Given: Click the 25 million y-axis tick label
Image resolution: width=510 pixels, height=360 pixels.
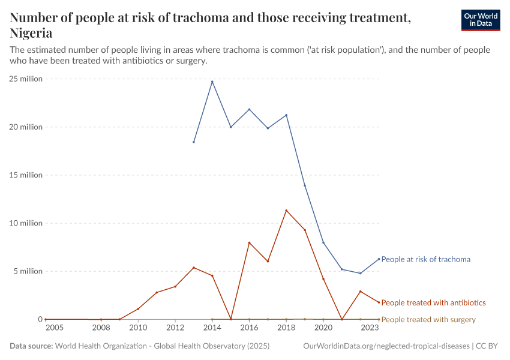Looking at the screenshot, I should pos(25,79).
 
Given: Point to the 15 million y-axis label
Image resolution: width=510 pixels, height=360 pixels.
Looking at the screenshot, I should pos(25,175).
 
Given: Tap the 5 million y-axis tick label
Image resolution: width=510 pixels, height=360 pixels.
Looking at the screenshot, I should pos(27,271).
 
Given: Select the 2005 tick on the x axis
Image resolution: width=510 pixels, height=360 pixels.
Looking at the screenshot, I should pos(54,328).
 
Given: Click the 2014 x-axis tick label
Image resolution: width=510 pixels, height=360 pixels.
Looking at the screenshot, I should pos(212,328).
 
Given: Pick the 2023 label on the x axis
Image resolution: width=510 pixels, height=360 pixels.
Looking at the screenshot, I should pos(370,328).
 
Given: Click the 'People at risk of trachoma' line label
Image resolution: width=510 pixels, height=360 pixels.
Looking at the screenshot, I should pos(425,259).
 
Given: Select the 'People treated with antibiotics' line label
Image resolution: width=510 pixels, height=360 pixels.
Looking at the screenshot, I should pos(433,302).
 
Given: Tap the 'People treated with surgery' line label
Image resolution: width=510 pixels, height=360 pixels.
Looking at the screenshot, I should pos(428,319).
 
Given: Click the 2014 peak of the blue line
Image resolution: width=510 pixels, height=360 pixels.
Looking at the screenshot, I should pos(212,82).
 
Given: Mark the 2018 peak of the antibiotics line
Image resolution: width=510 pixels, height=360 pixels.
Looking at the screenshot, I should pos(286,211).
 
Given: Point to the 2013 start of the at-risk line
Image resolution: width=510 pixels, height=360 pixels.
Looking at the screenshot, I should pos(194,142).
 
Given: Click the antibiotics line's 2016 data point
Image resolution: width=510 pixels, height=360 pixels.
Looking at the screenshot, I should pos(249,242).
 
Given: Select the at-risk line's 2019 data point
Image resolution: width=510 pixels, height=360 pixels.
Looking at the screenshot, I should pos(305,185).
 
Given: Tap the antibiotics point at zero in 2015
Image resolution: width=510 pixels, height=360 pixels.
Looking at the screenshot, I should pos(231,319).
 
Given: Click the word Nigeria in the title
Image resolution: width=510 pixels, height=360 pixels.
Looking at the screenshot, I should pos(31,33).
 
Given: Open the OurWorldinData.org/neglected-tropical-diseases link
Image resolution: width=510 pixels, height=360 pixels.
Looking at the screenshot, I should pos(386,346).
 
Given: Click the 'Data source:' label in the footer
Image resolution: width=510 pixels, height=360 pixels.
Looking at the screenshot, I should pos(31,346).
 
